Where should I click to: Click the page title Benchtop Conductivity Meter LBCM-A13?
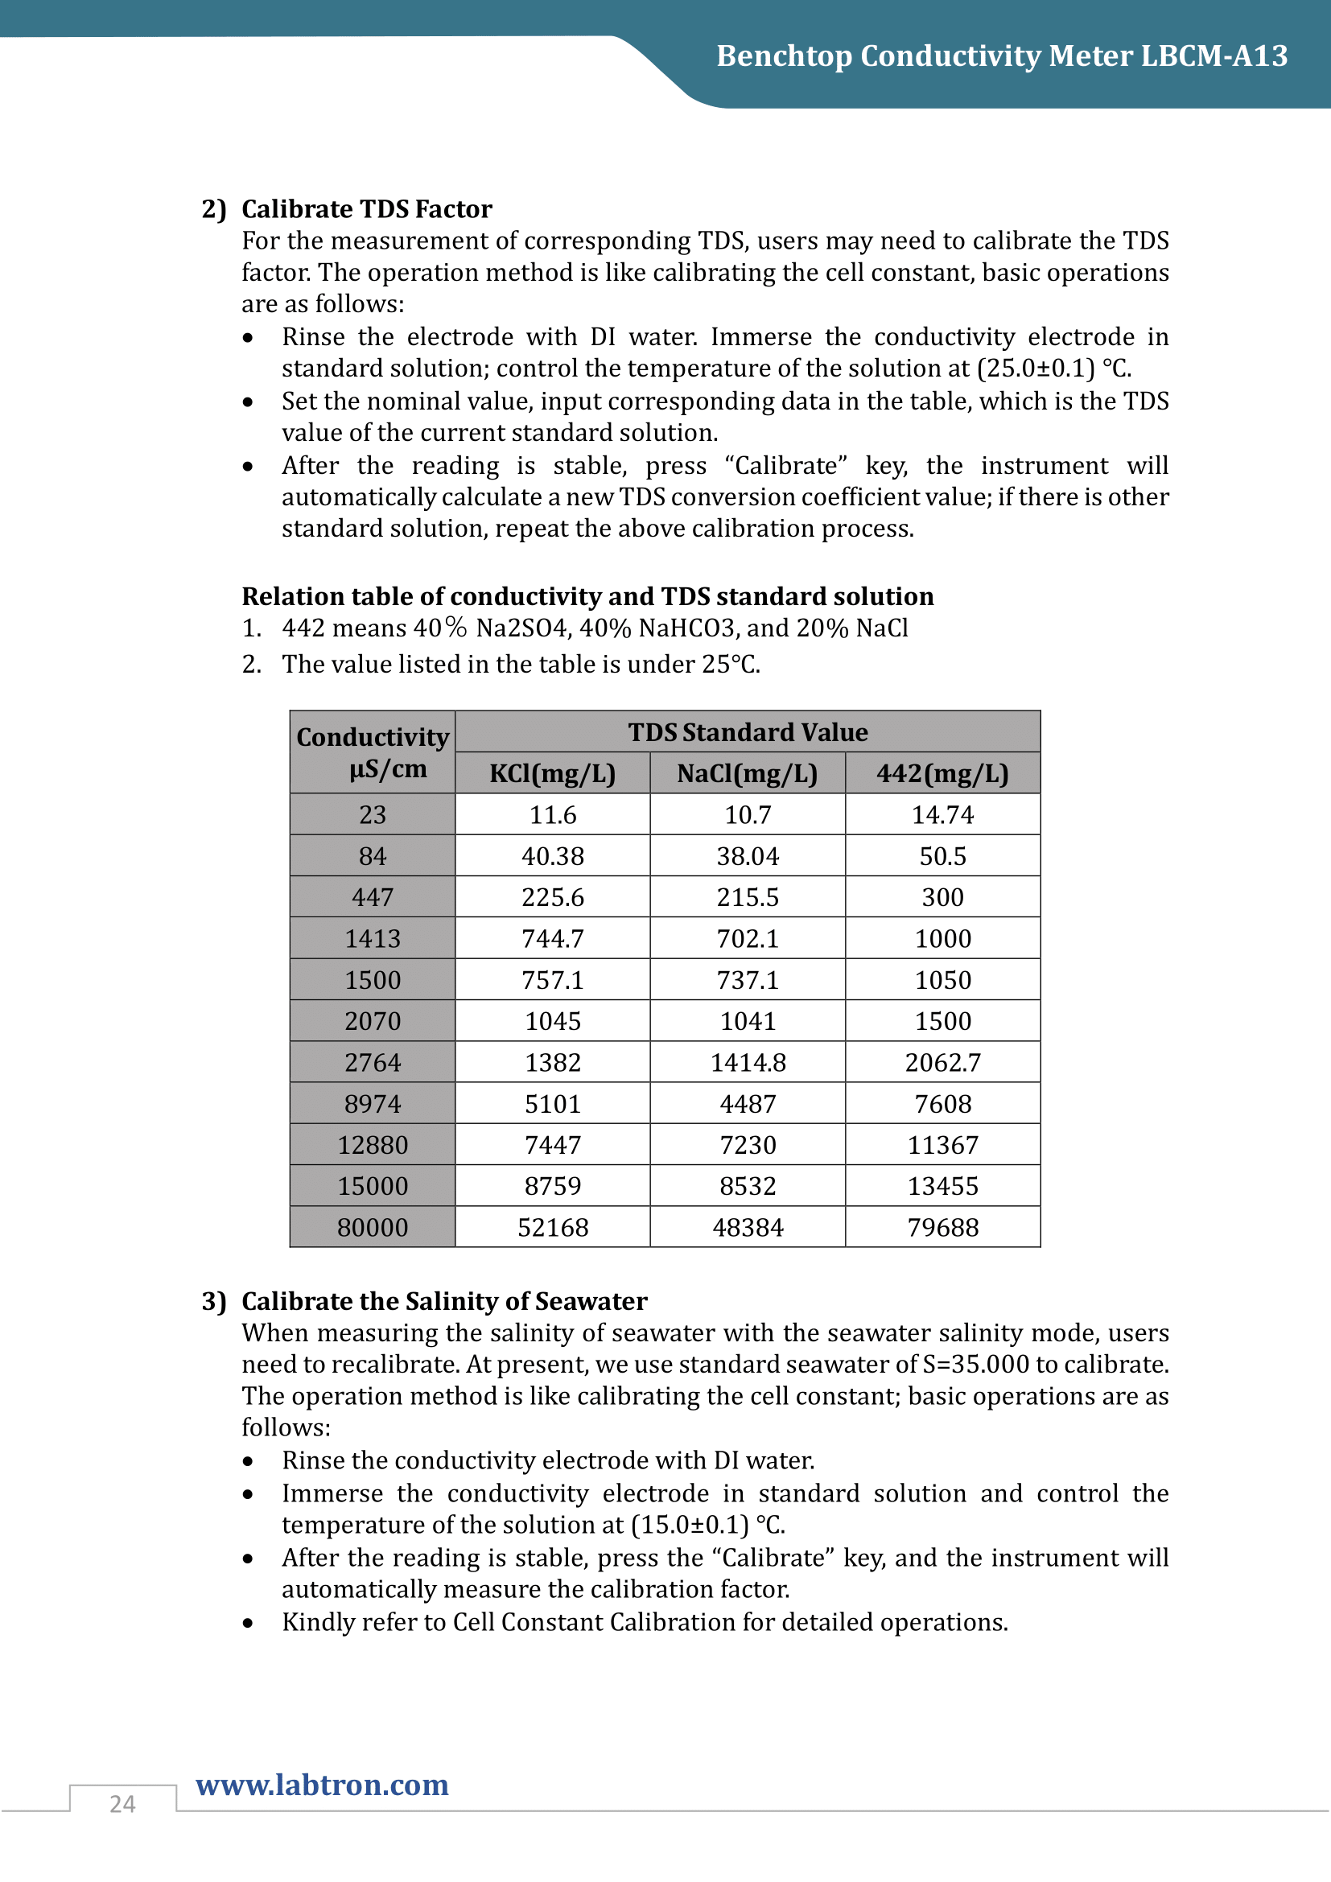[x=1002, y=56]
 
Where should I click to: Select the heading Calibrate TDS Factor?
[x=366, y=209]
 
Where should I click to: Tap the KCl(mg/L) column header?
[x=552, y=774]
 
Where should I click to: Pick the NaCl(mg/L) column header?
[x=748, y=774]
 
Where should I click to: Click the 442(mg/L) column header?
[x=942, y=774]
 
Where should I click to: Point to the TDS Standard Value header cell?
[x=748, y=732]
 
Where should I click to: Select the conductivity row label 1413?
[x=372, y=938]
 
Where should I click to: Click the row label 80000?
[x=372, y=1227]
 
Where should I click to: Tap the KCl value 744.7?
[x=552, y=938]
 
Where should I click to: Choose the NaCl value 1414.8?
[x=748, y=1062]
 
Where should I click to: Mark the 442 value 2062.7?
[x=942, y=1062]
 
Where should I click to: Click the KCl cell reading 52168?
[x=552, y=1227]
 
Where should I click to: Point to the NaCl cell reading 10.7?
[x=748, y=815]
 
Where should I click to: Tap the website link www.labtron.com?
[x=322, y=1785]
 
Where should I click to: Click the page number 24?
[x=122, y=1803]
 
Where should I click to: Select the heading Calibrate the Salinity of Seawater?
[x=444, y=1301]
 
